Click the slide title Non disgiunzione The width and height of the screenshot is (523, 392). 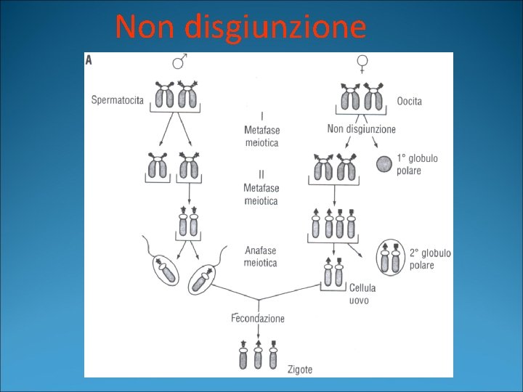tap(240, 28)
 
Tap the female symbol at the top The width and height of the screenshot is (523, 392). tap(362, 65)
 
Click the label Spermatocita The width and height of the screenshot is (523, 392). tap(118, 99)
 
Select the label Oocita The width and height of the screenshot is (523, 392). tap(409, 102)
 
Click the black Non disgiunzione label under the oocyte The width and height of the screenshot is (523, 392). tap(362, 129)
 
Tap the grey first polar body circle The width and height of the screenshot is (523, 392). tap(384, 164)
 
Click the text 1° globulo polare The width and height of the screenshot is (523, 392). tap(417, 164)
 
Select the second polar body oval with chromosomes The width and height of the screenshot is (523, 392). tap(389, 258)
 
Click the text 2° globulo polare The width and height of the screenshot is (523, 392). tap(430, 259)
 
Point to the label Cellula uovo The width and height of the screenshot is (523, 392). tap(362, 294)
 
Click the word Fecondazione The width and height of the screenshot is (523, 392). tap(258, 318)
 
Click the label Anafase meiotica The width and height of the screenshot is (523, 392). tap(260, 257)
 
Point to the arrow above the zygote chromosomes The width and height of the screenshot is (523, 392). tap(258, 331)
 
